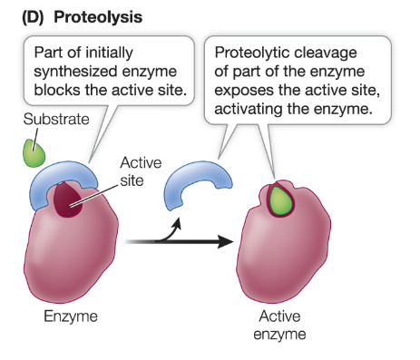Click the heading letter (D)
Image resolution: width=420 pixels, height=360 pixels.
point(24,16)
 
